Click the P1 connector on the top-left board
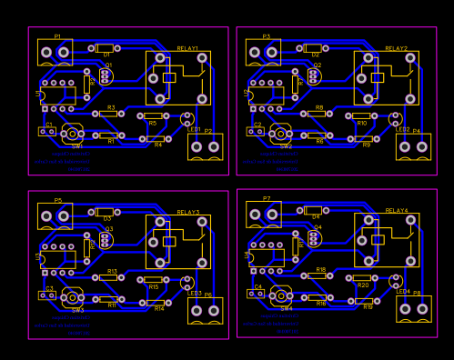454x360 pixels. pyautogui.click(x=55, y=52)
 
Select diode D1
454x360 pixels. pyautogui.click(x=105, y=47)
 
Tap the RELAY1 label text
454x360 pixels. pyautogui.click(x=187, y=48)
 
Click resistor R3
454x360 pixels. pyautogui.click(x=111, y=115)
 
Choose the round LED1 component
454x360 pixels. pyautogui.click(x=187, y=118)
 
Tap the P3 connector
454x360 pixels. pyautogui.click(x=263, y=52)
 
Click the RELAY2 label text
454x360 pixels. pyautogui.click(x=396, y=48)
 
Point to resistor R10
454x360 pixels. pyautogui.click(x=361, y=115)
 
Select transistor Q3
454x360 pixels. pyautogui.click(x=106, y=240)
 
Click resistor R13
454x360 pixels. pyautogui.click(x=111, y=278)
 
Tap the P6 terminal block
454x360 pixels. pyautogui.click(x=205, y=310)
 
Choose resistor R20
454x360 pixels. pyautogui.click(x=362, y=277)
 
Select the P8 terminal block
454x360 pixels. pyautogui.click(x=413, y=308)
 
